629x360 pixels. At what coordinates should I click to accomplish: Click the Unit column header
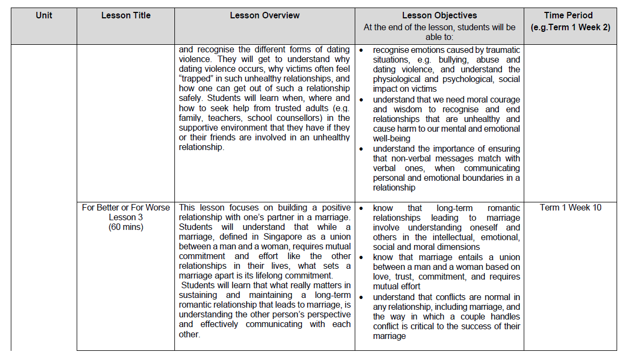pos(44,15)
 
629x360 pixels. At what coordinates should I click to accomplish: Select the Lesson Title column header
pos(126,15)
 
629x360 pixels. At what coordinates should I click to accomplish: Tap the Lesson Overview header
pos(265,15)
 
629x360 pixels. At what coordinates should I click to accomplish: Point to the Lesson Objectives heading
pos(439,15)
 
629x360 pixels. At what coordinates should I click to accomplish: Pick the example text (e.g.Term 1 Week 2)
pos(570,27)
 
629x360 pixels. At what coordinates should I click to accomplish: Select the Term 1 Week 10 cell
pos(570,208)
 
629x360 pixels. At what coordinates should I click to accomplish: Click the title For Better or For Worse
pos(126,208)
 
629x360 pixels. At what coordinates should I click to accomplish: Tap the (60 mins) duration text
pos(126,227)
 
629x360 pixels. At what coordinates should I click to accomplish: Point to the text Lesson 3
pos(126,218)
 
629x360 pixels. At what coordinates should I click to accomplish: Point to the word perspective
pos(326,315)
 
